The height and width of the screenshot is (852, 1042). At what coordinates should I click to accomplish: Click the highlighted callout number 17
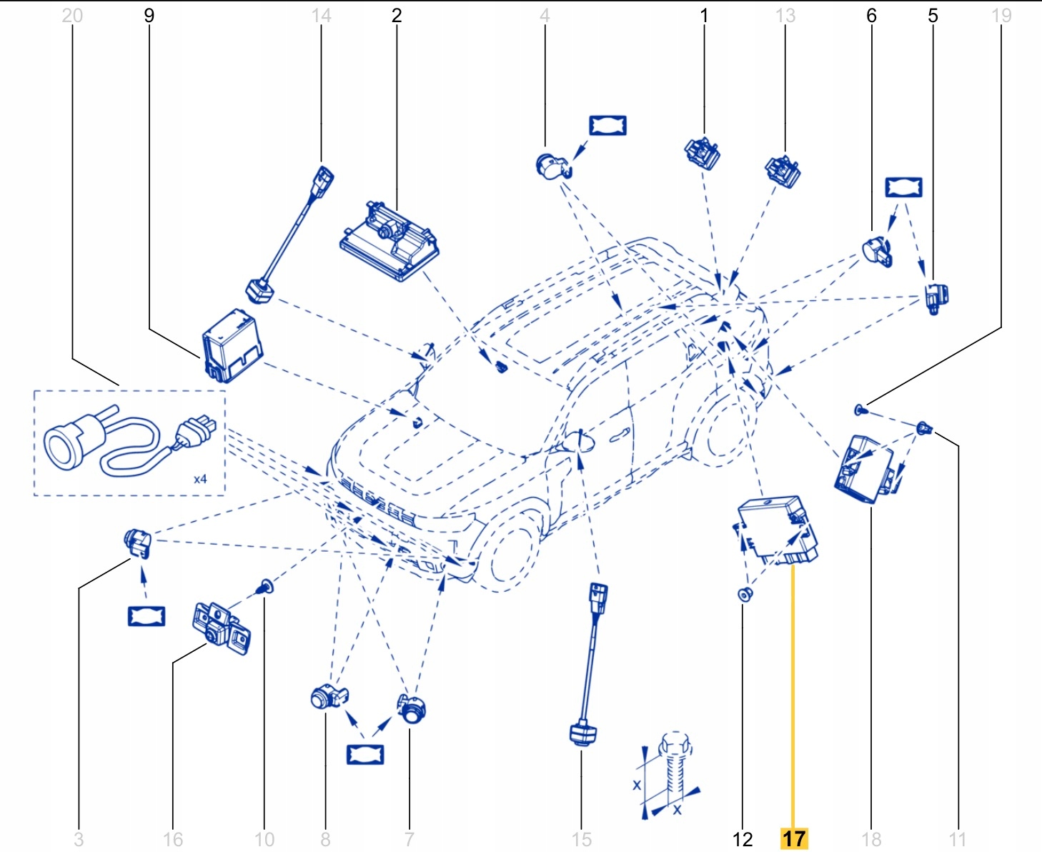[793, 838]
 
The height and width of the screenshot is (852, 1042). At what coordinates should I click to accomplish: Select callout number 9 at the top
[149, 16]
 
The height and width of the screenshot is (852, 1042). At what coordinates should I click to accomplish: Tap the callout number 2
[397, 16]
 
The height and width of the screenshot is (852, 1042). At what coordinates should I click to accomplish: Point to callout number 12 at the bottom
[743, 838]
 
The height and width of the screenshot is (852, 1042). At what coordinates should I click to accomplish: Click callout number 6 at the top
[871, 16]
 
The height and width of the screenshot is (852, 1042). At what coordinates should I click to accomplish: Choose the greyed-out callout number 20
[72, 16]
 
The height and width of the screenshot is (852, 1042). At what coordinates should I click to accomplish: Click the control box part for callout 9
[232, 346]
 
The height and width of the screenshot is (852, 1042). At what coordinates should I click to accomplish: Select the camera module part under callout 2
[389, 240]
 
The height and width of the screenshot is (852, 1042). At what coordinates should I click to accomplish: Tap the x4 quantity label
[200, 479]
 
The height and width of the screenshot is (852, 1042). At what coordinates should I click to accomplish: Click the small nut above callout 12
[745, 594]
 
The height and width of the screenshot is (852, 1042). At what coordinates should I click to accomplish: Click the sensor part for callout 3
[137, 543]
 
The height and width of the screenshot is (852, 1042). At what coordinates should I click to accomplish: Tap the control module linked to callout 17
[778, 530]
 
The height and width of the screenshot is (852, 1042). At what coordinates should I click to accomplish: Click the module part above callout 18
[865, 467]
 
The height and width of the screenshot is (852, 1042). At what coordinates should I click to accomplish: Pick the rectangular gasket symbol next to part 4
[607, 125]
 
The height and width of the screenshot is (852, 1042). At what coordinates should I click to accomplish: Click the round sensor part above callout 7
[412, 708]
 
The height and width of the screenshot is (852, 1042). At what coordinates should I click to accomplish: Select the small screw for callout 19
[860, 410]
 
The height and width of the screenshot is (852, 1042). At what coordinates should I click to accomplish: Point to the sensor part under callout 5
[935, 297]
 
